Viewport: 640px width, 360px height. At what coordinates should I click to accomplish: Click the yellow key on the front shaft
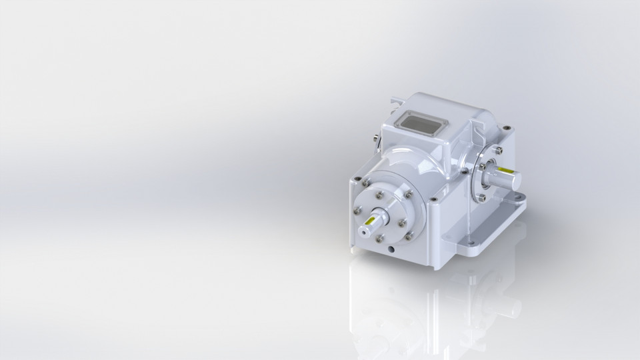372,217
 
